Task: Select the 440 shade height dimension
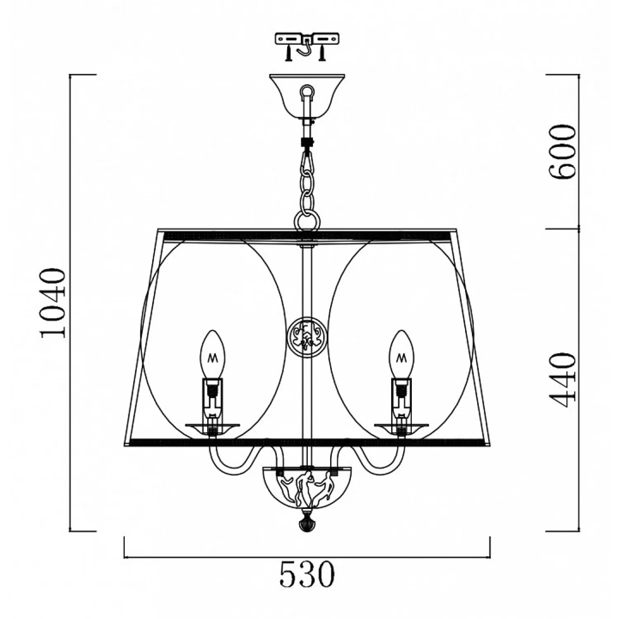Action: click(x=562, y=380)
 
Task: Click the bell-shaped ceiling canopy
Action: click(x=307, y=97)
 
